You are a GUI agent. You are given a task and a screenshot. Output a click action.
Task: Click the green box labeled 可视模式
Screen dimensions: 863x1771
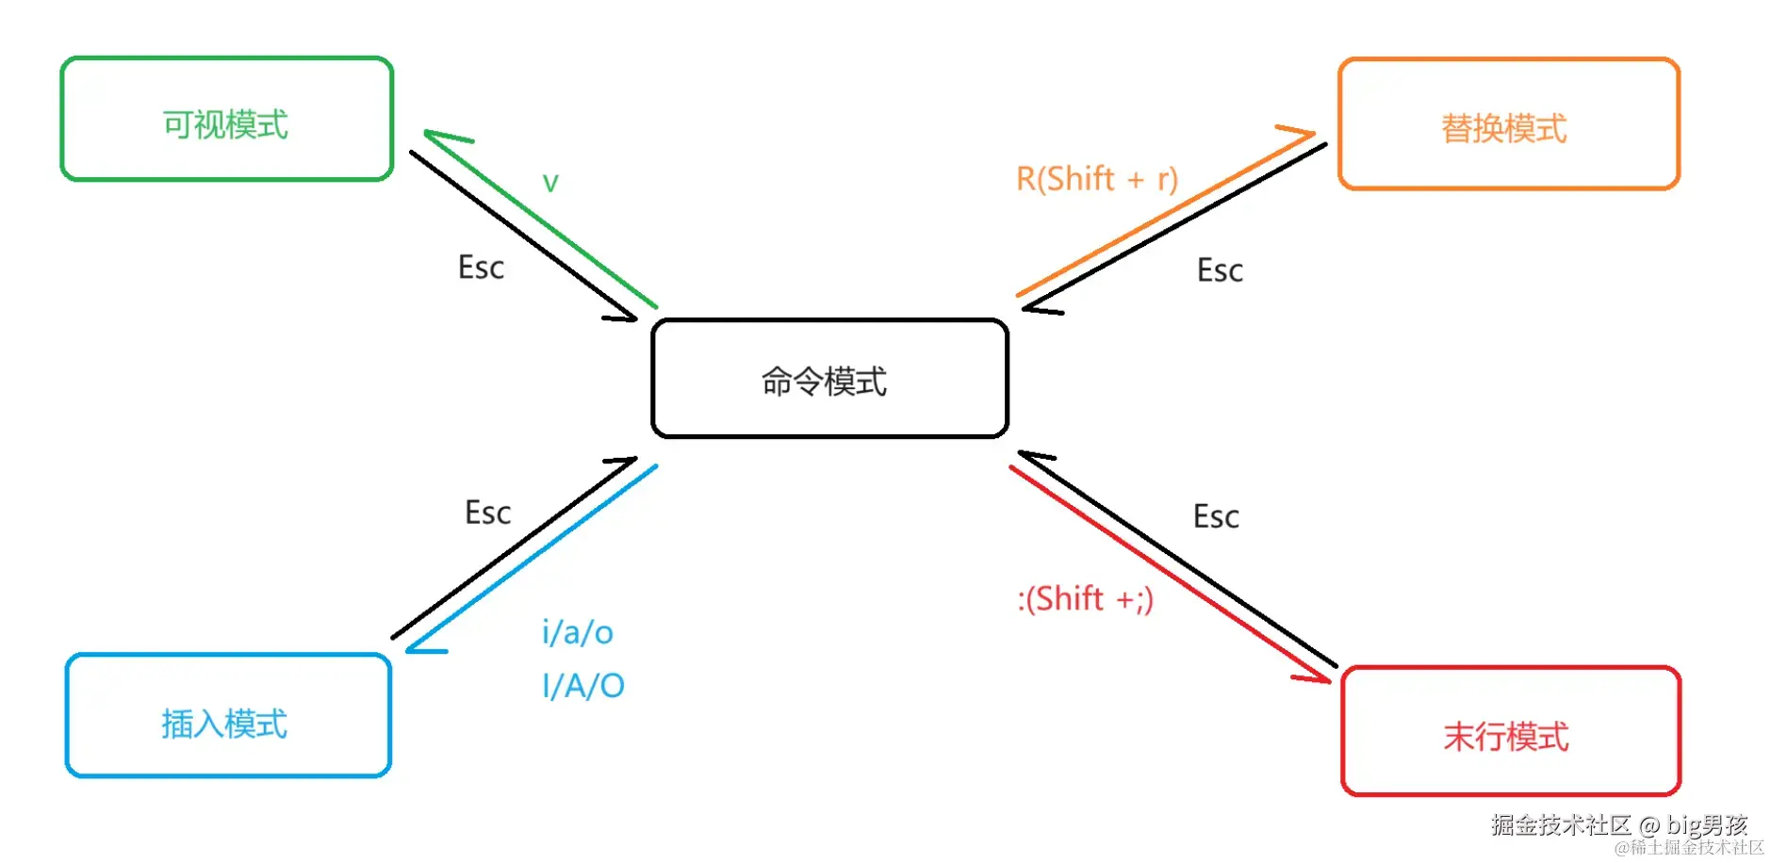pos(226,119)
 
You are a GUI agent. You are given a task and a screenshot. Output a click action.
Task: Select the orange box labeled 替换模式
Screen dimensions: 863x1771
pos(1508,124)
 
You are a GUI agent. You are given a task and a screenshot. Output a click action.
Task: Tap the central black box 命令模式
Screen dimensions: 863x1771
pos(829,379)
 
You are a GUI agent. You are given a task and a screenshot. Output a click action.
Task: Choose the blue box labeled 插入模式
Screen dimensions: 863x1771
pos(228,716)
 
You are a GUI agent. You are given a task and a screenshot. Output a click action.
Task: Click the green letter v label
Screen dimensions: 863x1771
pos(550,182)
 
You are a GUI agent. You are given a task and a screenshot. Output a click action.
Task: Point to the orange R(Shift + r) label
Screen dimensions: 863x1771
pos(1096,178)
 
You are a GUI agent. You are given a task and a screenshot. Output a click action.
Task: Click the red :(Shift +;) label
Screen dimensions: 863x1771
pos(1085,599)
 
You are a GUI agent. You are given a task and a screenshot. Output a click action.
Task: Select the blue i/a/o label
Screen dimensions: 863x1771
pos(577,632)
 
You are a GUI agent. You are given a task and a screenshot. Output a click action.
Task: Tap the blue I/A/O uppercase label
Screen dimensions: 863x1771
pos(582,686)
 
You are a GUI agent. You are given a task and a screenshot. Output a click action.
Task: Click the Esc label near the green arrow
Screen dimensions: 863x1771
pos(481,268)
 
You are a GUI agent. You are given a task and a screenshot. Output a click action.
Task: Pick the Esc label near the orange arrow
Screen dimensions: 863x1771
pos(1220,271)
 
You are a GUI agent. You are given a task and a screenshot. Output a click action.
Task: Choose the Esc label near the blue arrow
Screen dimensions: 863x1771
pos(487,513)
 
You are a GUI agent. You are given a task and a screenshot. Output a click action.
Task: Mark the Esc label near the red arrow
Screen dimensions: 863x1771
pos(1216,517)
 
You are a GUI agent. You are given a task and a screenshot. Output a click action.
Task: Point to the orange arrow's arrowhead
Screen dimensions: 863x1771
pos(1306,135)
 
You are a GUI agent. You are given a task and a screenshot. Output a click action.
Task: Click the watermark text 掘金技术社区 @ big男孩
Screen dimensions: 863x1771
pos(1618,825)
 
